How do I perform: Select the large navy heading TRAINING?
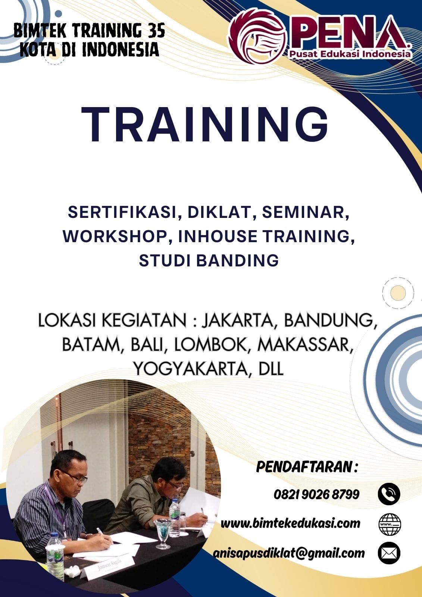point(205,125)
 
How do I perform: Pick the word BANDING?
point(238,260)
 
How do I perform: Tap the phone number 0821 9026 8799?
point(316,494)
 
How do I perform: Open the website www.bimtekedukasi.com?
point(290,523)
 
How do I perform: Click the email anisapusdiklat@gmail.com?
point(289,553)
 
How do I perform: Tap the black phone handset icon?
point(389,494)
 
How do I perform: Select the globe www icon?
point(390,524)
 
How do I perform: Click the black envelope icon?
point(389,553)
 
